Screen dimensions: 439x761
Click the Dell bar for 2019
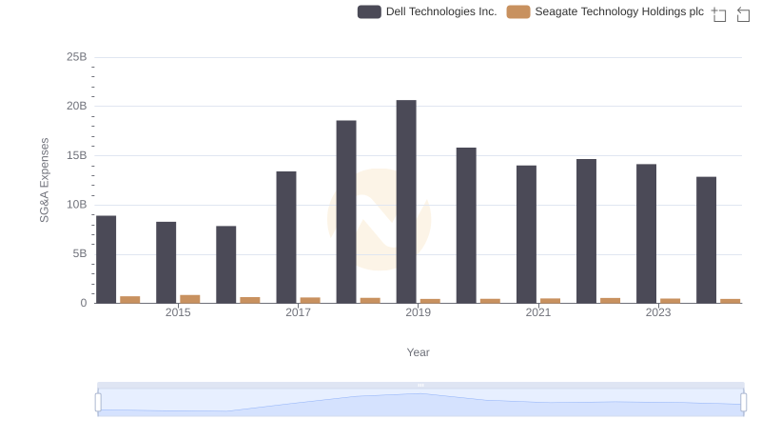pos(406,202)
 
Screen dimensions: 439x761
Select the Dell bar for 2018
pos(346,212)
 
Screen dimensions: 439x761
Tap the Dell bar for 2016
pos(226,265)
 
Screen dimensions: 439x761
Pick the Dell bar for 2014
pos(107,260)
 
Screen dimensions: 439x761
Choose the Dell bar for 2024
pos(706,240)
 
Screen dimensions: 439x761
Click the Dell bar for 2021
pos(526,234)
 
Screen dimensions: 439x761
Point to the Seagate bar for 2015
pos(190,299)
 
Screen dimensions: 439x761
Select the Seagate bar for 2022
pos(610,301)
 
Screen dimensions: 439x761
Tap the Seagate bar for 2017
pos(310,301)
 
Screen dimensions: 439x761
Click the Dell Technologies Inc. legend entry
pos(428,12)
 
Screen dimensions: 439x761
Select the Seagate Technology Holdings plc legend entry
pos(605,12)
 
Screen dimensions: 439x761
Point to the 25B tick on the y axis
pos(76,57)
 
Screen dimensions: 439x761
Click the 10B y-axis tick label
pos(76,205)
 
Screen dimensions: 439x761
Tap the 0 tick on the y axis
pos(84,304)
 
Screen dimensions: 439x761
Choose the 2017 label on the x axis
pos(298,313)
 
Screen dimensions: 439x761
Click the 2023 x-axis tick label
pos(658,313)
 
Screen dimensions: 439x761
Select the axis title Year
pos(419,352)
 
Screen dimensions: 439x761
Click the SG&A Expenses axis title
pos(44,180)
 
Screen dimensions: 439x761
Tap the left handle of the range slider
pos(98,402)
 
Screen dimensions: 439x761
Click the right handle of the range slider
pos(744,402)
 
